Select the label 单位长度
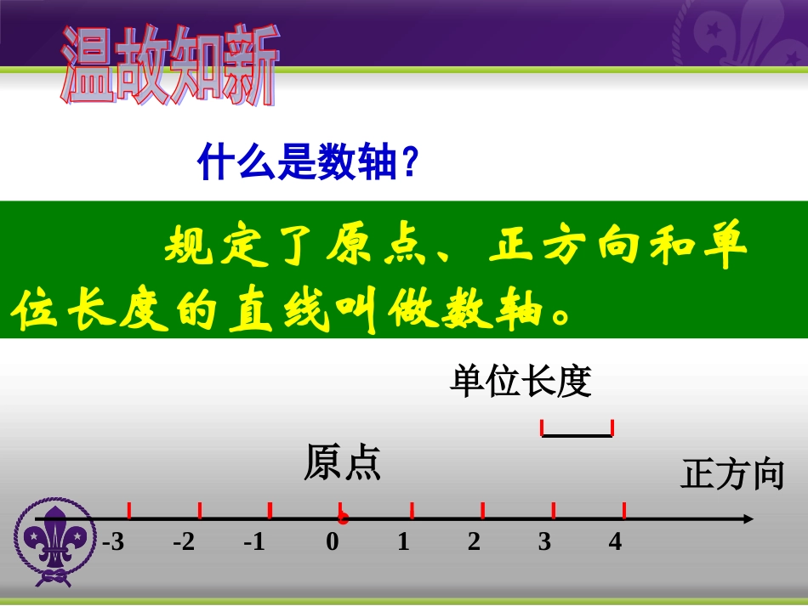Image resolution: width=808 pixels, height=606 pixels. point(520,382)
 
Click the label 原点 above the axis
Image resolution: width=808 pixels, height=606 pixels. point(342,464)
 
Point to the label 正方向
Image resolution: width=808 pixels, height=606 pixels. point(731,474)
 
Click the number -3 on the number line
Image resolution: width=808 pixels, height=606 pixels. point(113,541)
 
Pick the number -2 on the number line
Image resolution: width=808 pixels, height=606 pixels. point(184,541)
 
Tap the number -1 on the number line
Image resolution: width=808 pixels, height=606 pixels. point(254,541)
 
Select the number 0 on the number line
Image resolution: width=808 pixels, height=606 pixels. point(333,541)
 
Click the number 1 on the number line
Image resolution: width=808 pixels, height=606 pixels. point(403,541)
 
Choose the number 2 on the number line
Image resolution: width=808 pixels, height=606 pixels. point(474,541)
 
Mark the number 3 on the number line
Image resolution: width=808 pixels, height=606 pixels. point(544,541)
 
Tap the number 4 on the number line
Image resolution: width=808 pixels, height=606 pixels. point(615,541)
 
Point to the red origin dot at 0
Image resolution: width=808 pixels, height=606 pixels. point(342,518)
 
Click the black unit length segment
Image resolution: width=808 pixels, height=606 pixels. point(577,435)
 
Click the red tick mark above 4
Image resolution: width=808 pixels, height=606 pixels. point(624,510)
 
